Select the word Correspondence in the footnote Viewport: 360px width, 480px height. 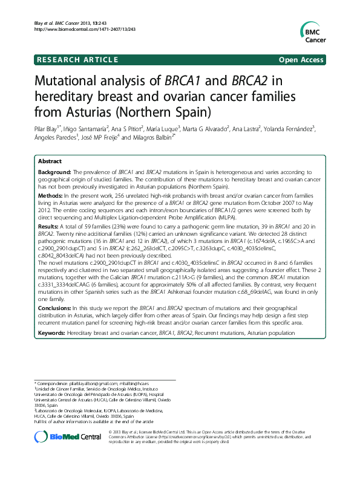click(x=52, y=383)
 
